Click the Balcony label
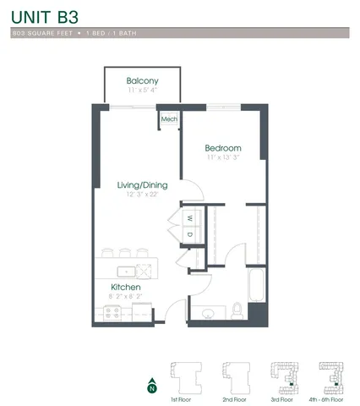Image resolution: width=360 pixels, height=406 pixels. click(x=142, y=80)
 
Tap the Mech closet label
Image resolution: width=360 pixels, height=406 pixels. click(x=169, y=119)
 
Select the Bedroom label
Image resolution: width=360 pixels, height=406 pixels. click(x=224, y=147)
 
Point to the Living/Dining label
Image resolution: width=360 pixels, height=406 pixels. click(x=142, y=184)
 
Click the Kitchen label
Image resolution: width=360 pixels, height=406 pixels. click(x=124, y=288)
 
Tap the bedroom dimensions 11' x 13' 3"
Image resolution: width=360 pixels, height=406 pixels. click(x=224, y=157)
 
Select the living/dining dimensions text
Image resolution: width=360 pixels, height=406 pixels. click(x=142, y=195)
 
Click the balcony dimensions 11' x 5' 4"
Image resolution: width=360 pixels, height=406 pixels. click(x=142, y=90)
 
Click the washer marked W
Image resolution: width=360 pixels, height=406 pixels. click(x=190, y=217)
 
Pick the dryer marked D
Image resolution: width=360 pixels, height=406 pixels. click(x=190, y=234)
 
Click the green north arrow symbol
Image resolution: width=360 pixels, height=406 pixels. click(x=151, y=382)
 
